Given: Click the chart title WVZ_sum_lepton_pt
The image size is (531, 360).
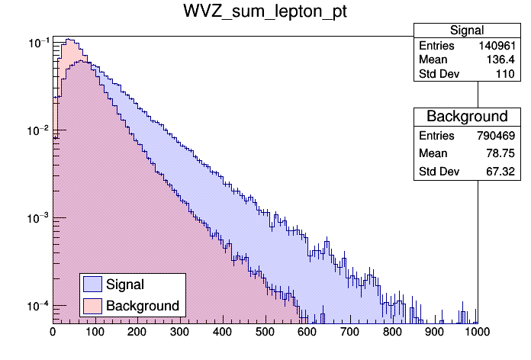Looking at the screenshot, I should pyautogui.click(x=265, y=13).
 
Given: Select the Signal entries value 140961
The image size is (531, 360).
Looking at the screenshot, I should pyautogui.click(x=500, y=46).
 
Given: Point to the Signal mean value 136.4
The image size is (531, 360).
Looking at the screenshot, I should pyautogui.click(x=507, y=60).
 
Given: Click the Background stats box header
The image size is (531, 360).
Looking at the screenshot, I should pyautogui.click(x=467, y=117).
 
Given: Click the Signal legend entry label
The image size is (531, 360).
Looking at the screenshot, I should pyautogui.click(x=125, y=285).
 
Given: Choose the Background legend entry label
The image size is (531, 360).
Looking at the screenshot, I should pyautogui.click(x=143, y=306).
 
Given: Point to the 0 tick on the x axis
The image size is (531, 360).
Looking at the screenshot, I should pyautogui.click(x=53, y=332).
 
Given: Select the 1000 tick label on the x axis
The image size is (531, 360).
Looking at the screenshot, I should pyautogui.click(x=476, y=332).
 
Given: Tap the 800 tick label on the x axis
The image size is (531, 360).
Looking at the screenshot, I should pyautogui.click(x=393, y=332).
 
